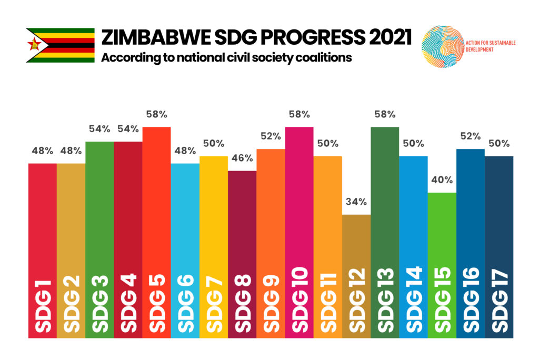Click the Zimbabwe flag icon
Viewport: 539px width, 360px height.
[60, 45]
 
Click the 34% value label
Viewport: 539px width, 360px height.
[356, 202]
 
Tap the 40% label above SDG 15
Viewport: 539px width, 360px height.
[442, 179]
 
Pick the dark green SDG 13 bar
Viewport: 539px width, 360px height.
[385, 211]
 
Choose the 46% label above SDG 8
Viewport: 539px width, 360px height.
[242, 158]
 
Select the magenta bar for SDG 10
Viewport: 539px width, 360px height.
[299, 211]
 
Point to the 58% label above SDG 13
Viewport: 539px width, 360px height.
[385, 114]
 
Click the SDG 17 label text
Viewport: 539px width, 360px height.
[499, 302]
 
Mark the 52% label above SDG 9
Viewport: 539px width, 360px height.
[271, 136]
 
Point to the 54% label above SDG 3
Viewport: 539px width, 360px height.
[99, 128]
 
